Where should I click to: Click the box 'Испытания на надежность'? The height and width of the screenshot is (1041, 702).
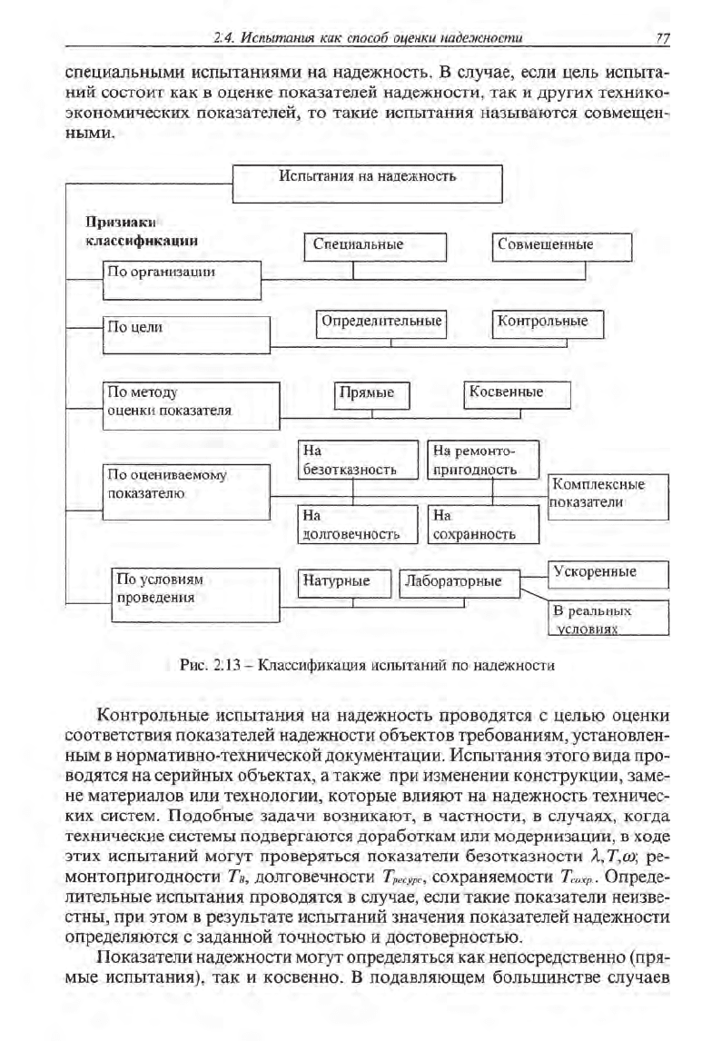point(368,183)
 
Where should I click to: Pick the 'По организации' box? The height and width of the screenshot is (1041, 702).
point(182,271)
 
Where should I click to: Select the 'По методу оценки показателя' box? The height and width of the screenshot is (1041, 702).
point(191,401)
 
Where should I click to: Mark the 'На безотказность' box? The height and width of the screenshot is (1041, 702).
point(357,460)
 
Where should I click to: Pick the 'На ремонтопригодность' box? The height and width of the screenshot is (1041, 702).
point(483,460)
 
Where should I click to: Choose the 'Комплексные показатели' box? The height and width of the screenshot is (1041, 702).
point(608,495)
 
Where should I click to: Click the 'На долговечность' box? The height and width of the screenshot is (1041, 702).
point(357,525)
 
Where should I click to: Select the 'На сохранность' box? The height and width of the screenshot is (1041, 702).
point(483,525)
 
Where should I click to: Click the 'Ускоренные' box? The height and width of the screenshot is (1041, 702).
point(608,574)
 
